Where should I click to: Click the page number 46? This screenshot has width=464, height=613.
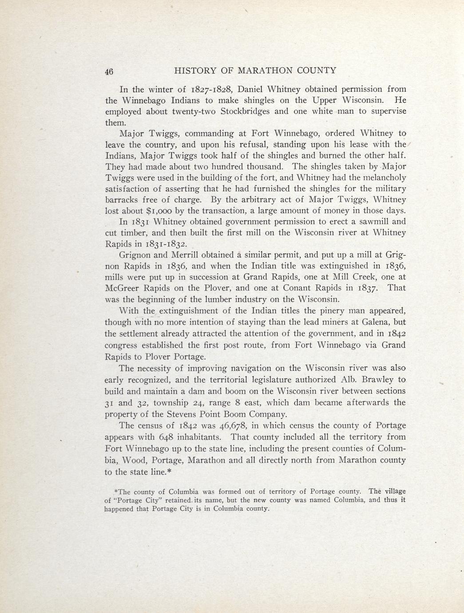point(109,71)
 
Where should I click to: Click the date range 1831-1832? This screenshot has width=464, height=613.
point(167,244)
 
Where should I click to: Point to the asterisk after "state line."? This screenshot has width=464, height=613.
point(169,471)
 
